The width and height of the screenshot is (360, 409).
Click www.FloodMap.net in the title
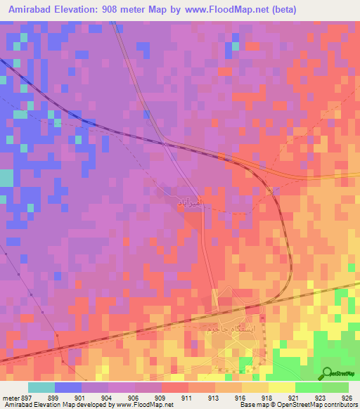221,10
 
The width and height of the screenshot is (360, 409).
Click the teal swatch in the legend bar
41,387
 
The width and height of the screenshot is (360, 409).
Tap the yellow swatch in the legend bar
281,387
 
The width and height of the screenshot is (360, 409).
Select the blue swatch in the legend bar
68,387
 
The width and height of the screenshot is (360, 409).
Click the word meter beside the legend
10,398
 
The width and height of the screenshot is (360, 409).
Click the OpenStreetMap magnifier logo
328,374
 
